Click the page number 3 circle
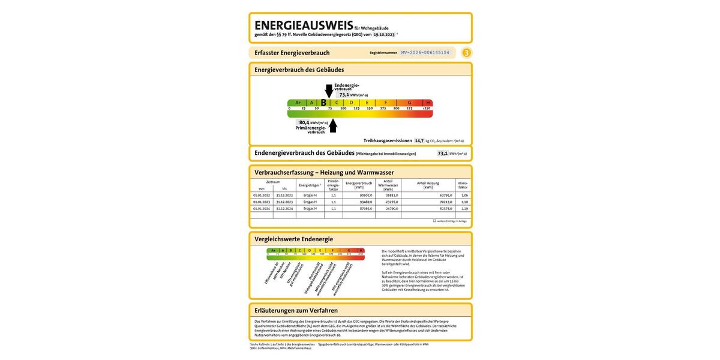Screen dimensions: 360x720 coord(466,53)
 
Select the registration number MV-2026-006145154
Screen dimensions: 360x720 coord(425,53)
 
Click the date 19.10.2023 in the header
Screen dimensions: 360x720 coord(384,35)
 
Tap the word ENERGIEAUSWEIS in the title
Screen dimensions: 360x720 coord(304,26)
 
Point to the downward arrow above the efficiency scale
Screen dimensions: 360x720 coord(329,91)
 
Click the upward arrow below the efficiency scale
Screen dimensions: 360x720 coord(333,125)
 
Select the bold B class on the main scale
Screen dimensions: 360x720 coord(323,103)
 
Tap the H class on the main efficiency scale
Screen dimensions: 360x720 coord(427,103)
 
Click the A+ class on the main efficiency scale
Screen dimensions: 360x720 coord(298,103)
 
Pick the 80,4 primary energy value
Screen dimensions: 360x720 coord(304,122)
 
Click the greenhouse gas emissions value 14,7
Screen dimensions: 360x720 coord(419,141)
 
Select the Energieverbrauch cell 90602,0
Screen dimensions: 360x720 coord(365,195)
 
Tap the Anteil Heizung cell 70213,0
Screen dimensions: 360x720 coord(445,202)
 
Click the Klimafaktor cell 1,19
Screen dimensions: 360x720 coord(464,208)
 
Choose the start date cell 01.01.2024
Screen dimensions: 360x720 coord(262,208)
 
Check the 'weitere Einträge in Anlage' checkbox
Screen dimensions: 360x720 coord(434,221)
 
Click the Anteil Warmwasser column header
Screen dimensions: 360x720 coord(388,185)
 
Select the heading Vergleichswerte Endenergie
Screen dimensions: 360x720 coord(293,239)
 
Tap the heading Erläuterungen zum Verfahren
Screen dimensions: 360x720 coord(296,310)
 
